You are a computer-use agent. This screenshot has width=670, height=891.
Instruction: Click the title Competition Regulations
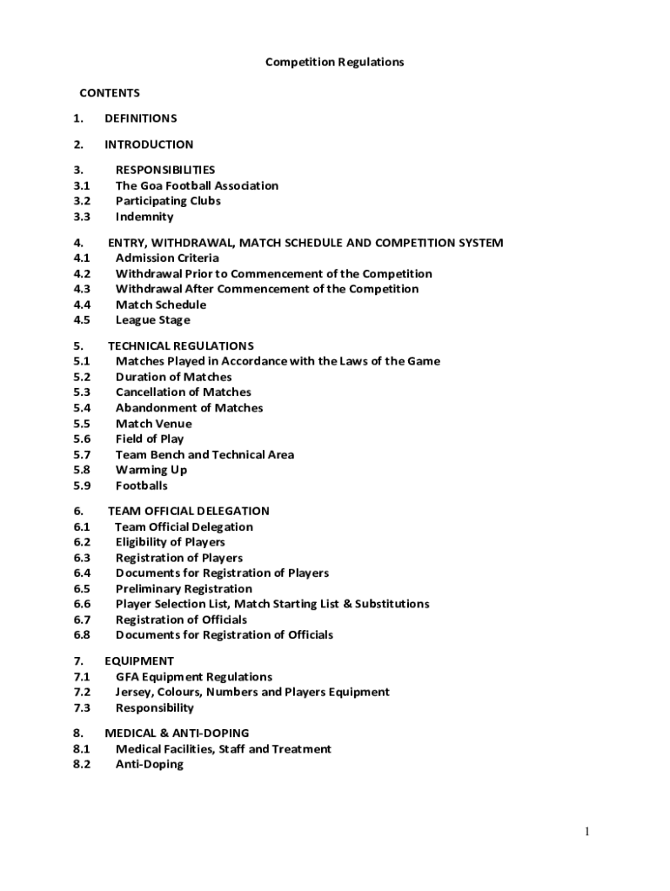click(x=334, y=63)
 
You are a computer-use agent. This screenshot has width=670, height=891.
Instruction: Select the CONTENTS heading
click(x=110, y=93)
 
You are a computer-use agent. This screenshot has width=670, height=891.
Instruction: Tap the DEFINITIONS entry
click(x=140, y=118)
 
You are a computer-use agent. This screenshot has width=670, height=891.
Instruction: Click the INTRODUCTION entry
click(x=149, y=144)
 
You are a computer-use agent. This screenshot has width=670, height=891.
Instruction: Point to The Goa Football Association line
click(x=197, y=185)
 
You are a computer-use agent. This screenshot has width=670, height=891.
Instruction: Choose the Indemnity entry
click(x=144, y=217)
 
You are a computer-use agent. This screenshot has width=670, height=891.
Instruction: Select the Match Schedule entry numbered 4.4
click(x=161, y=305)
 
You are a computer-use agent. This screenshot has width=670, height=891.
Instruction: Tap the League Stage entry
click(x=152, y=320)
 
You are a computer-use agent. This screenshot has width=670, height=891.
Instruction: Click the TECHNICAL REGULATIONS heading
click(x=181, y=345)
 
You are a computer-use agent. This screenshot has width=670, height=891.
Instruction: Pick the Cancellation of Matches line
click(x=183, y=392)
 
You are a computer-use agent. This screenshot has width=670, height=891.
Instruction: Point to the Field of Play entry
click(x=150, y=439)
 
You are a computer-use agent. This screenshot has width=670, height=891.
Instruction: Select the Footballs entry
click(x=142, y=486)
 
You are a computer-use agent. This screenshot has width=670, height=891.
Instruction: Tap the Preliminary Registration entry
click(x=184, y=589)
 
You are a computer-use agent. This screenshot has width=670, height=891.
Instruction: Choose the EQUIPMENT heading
click(x=139, y=661)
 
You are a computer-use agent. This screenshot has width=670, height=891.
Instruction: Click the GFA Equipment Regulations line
click(x=194, y=677)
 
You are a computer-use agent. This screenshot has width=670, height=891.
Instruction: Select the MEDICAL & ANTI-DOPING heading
click(x=177, y=734)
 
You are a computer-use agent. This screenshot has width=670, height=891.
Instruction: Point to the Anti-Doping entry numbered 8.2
click(x=150, y=765)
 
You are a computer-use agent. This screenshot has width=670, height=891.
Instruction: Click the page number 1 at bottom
click(x=587, y=833)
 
